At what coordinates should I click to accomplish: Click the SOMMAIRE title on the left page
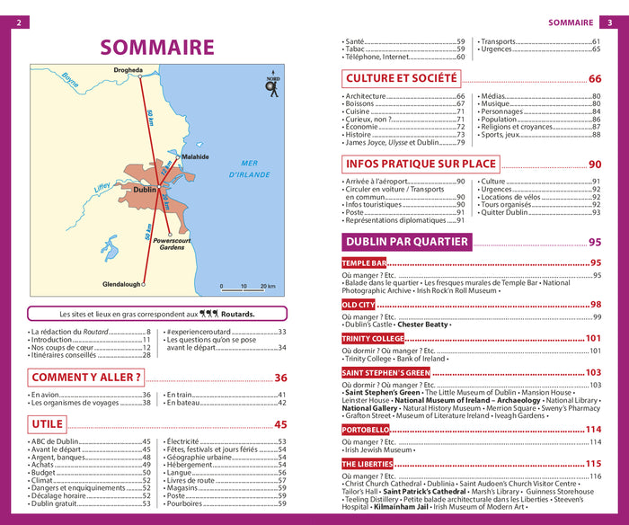tap(157, 47)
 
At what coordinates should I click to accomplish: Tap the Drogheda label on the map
tap(128, 70)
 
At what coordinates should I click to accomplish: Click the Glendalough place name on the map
tap(121, 284)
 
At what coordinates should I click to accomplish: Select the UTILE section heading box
tap(47, 423)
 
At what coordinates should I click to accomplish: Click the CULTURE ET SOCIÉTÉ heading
tap(403, 79)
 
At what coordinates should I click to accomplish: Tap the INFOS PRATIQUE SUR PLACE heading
tap(421, 164)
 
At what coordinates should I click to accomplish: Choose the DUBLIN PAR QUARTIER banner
tap(407, 241)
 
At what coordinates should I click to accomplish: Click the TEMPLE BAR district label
tap(364, 262)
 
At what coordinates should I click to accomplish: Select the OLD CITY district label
tap(359, 305)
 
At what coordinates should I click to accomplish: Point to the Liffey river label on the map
tap(102, 188)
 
